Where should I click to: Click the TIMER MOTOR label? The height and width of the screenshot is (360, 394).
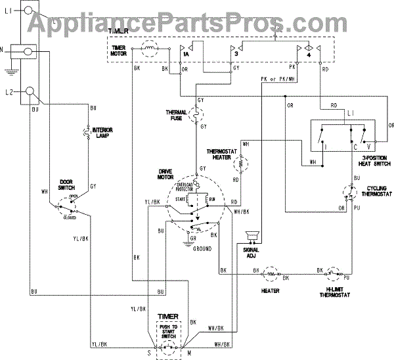(119, 51)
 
